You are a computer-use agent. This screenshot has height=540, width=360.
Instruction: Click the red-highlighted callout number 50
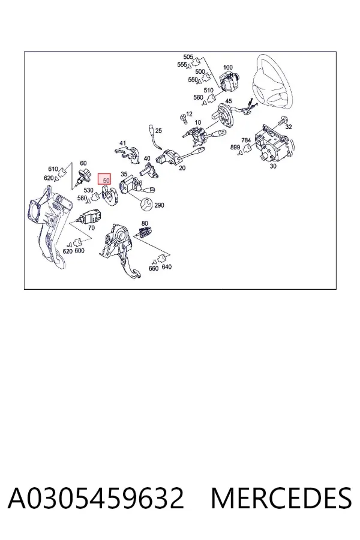pyautogui.click(x=106, y=180)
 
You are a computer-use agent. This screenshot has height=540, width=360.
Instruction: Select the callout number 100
pyautogui.click(x=228, y=67)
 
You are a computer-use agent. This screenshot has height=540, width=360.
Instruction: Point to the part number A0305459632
pyautogui.click(x=96, y=498)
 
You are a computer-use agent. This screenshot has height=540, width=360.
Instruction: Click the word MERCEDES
pyautogui.click(x=281, y=498)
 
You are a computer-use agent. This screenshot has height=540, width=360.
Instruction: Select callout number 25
pyautogui.click(x=158, y=131)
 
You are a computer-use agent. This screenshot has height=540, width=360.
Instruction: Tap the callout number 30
pyautogui.click(x=273, y=166)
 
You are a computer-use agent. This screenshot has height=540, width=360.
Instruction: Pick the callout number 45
pyautogui.click(x=229, y=101)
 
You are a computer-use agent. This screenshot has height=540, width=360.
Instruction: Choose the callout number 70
pyautogui.click(x=91, y=228)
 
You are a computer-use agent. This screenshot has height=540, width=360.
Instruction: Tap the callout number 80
pyautogui.click(x=145, y=224)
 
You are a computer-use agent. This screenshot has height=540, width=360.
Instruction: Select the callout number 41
pyautogui.click(x=122, y=143)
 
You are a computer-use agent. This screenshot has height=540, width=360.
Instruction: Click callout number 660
pyautogui.click(x=154, y=268)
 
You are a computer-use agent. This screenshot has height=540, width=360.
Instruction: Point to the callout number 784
pyautogui.click(x=246, y=140)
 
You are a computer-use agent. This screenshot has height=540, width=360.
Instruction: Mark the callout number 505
pyautogui.click(x=188, y=57)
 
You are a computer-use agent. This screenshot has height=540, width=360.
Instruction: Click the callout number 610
pyautogui.click(x=53, y=169)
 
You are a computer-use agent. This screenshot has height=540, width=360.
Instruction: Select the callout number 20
pyautogui.click(x=182, y=168)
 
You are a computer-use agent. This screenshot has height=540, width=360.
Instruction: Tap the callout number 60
pyautogui.click(x=83, y=163)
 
